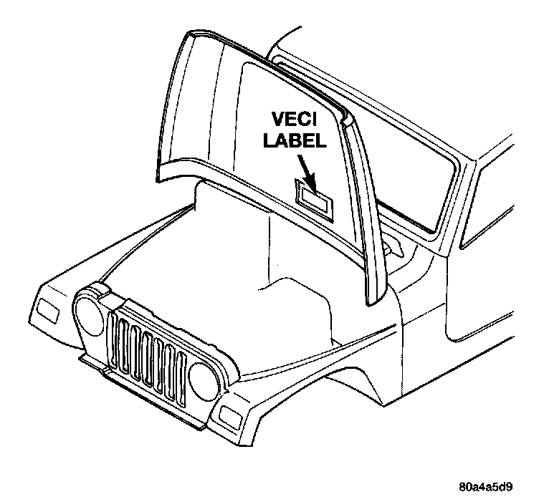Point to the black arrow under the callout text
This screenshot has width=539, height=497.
[304, 172]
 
